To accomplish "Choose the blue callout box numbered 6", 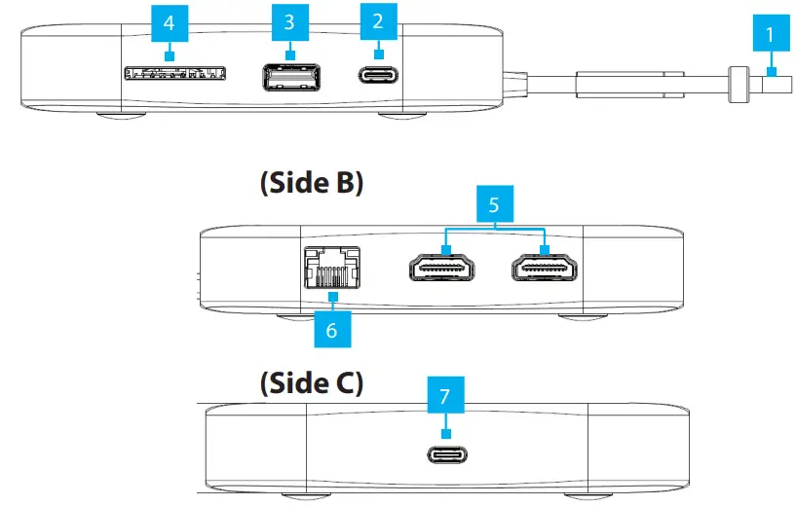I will pos(331,329).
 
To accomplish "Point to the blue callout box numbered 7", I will pos(445,397).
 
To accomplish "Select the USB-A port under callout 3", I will pos(287,77).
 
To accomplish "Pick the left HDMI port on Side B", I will pos(444,269).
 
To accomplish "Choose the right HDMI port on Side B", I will pos(545,269).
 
